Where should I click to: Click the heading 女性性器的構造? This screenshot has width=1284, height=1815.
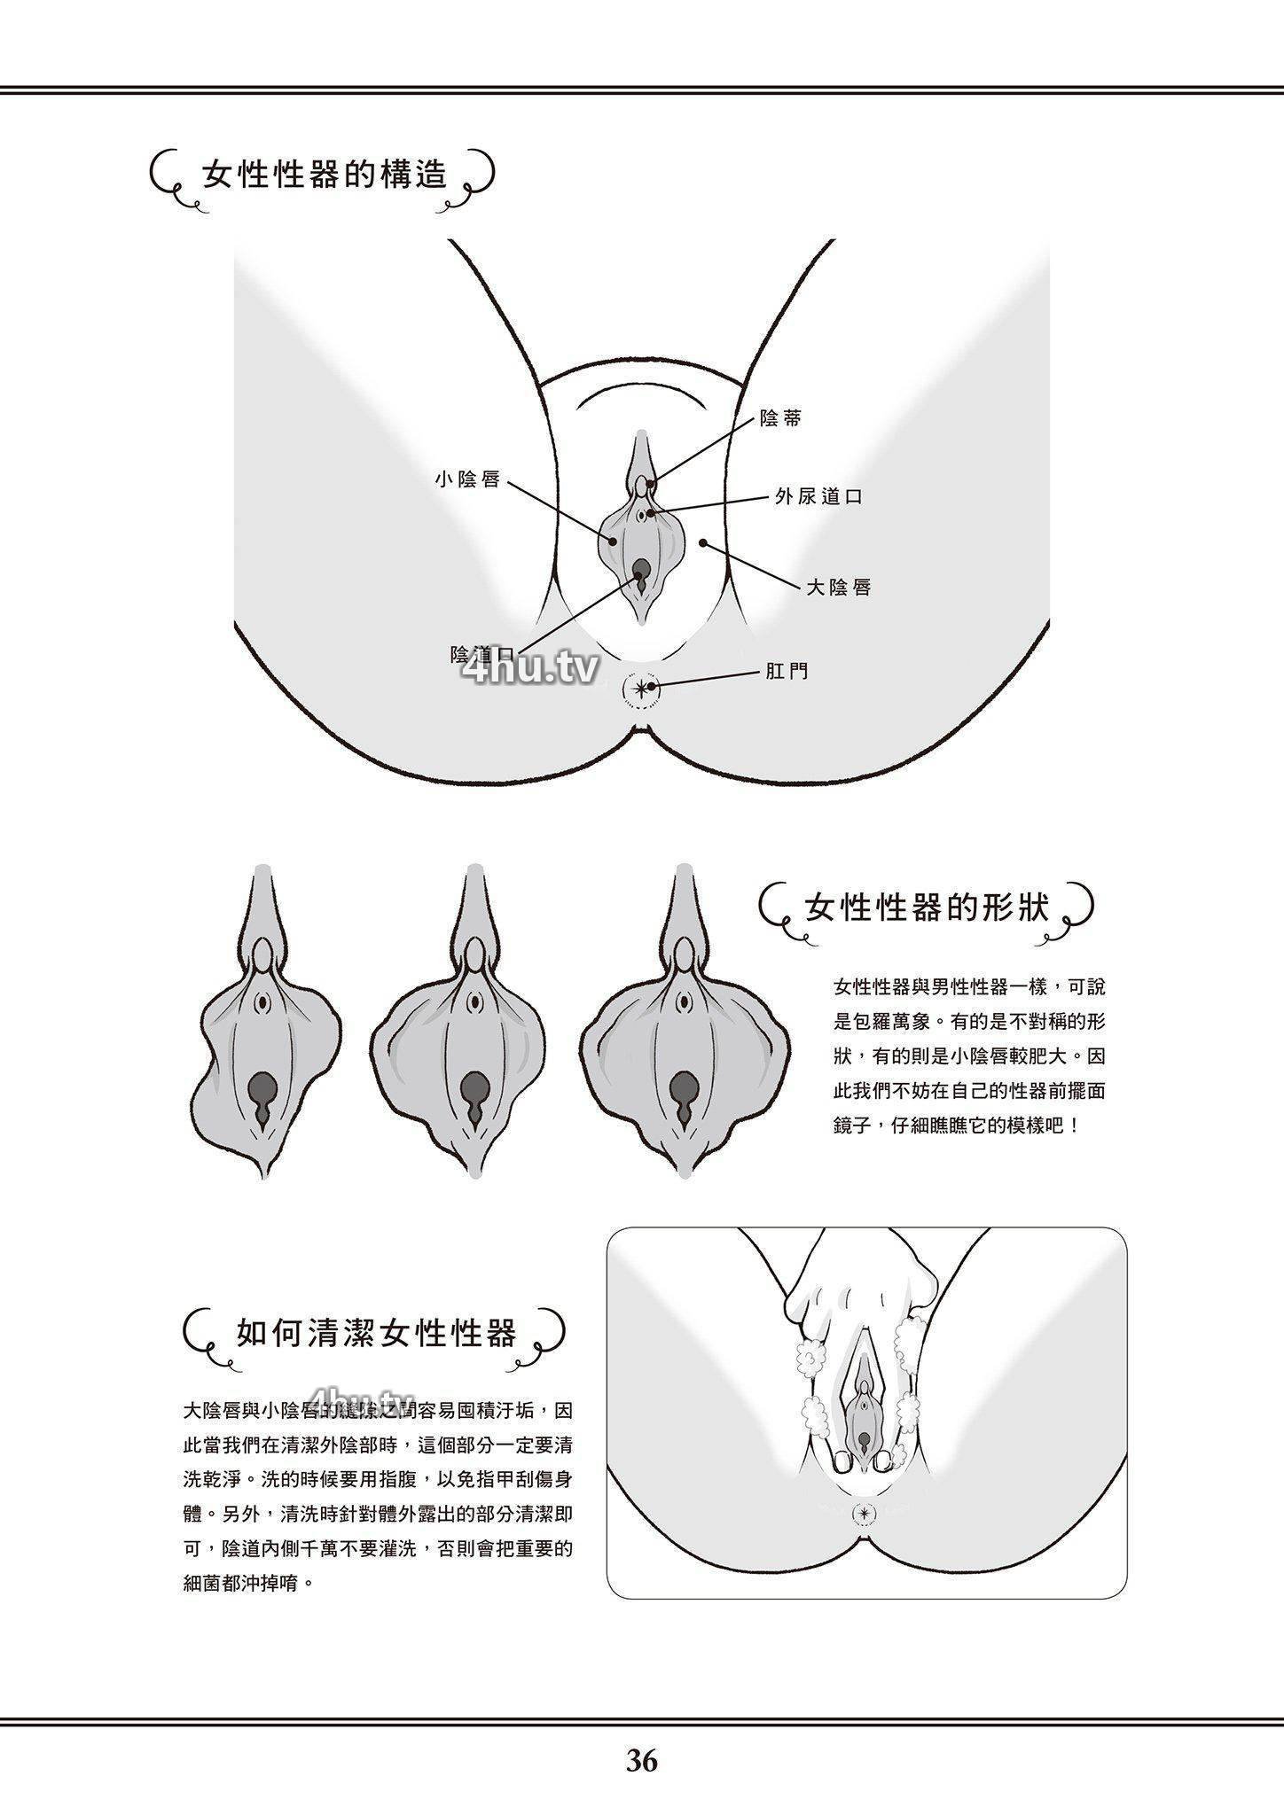[x=325, y=175]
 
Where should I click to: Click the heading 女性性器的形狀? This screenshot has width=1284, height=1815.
[x=927, y=907]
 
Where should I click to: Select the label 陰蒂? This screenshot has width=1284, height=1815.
[x=780, y=419]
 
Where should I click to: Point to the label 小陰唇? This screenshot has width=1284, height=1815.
[x=468, y=479]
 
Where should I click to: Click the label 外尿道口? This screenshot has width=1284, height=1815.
[x=818, y=497]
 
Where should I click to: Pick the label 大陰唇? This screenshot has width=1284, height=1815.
[x=839, y=587]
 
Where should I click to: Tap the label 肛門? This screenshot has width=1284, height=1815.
[x=787, y=672]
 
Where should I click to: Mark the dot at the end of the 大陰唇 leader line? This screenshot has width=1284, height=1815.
[x=702, y=542]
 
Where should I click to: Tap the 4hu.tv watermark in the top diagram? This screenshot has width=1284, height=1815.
[x=530, y=671]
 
